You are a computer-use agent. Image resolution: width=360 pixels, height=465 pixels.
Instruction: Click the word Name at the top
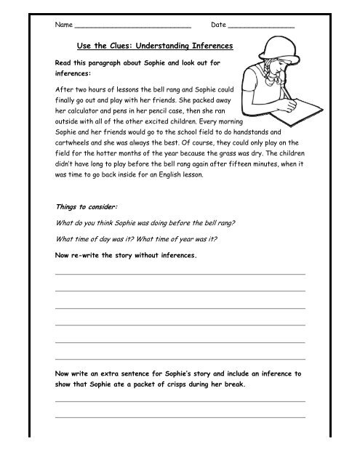pos(64,25)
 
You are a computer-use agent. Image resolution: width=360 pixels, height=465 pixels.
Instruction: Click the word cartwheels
pos(75,144)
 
